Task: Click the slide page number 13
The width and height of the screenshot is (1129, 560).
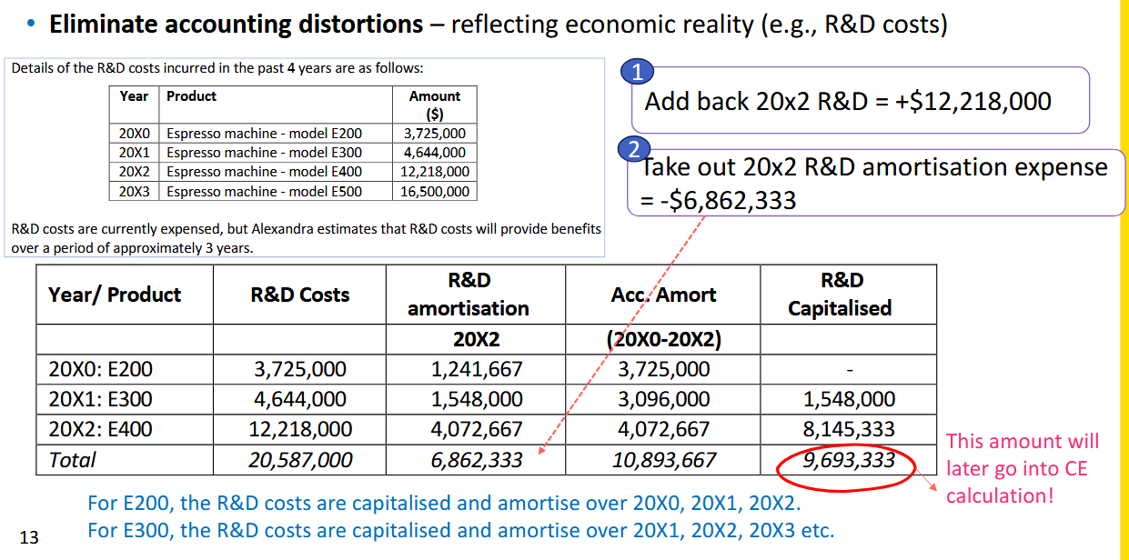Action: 29,537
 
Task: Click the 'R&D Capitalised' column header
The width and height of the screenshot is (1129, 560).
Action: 840,294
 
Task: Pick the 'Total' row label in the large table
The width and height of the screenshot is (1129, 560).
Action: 73,460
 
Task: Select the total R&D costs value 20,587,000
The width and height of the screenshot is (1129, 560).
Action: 299,460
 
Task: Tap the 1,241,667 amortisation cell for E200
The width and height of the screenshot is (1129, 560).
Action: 476,369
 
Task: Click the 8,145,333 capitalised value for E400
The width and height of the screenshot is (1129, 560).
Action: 849,429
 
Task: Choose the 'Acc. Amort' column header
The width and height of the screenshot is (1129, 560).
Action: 662,295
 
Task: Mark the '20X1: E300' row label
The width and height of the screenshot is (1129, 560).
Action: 100,399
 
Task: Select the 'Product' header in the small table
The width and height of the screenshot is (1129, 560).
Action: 191,95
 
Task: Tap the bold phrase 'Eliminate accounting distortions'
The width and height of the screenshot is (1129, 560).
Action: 237,25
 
